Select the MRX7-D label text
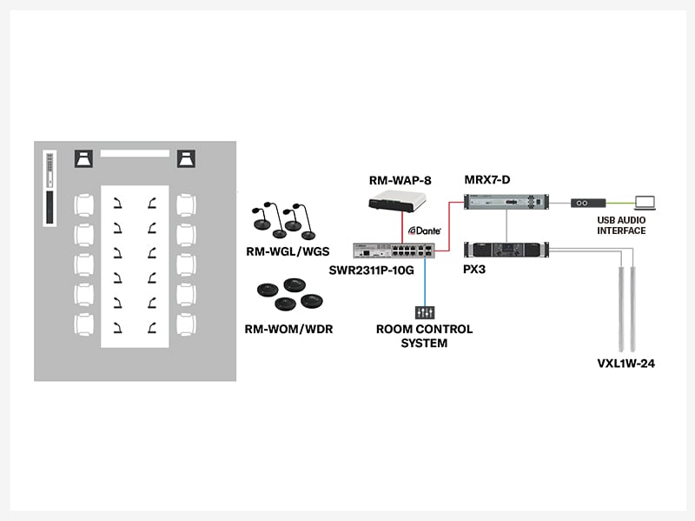(x=487, y=180)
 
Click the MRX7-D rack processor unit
(x=504, y=203)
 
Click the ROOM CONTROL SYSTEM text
(x=424, y=336)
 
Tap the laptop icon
(x=645, y=201)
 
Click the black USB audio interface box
(x=586, y=203)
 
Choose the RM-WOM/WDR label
(x=287, y=329)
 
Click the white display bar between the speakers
(x=135, y=153)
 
